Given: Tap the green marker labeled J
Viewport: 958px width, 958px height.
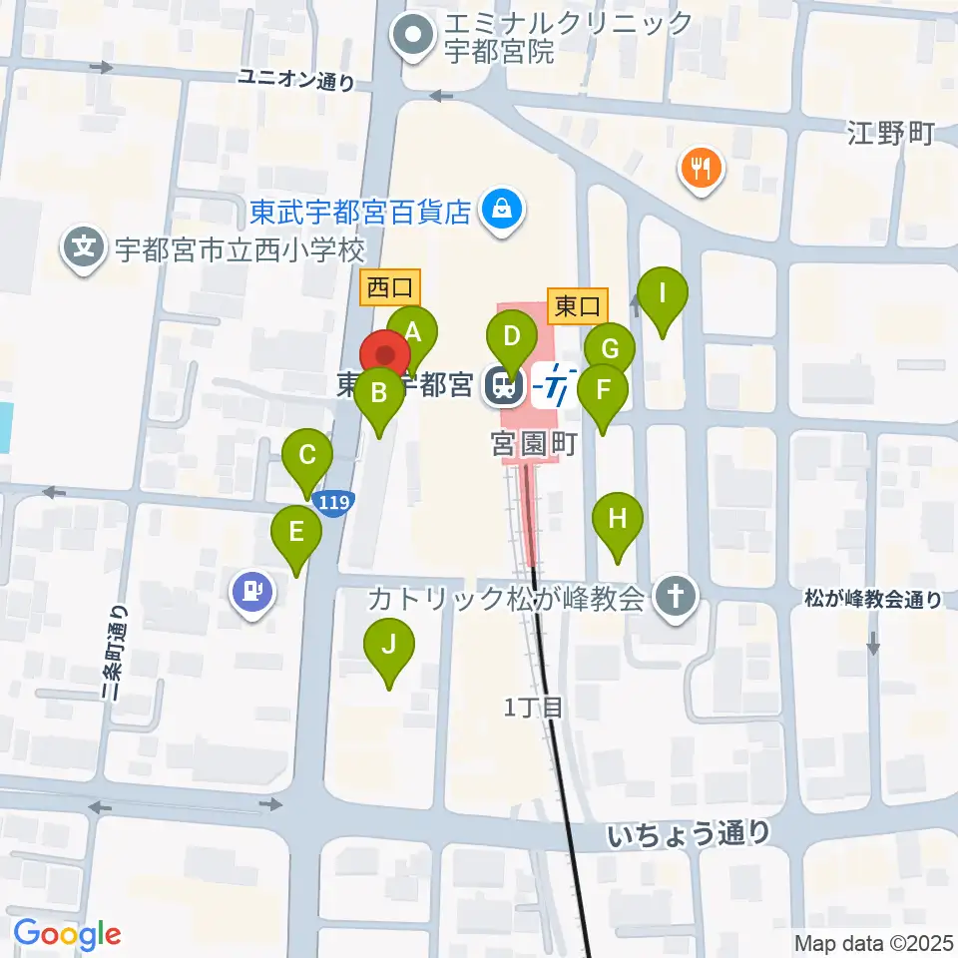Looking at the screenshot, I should tap(389, 646).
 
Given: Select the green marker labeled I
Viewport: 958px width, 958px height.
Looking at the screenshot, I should tap(663, 296).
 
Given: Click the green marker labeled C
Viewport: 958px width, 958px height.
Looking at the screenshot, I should tap(307, 458).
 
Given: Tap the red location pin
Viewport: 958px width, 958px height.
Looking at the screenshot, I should tap(384, 356).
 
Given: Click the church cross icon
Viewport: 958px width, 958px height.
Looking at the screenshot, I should tap(675, 599).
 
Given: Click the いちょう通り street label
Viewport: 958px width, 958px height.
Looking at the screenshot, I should tap(689, 833).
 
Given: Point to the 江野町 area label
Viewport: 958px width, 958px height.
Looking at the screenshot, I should tap(890, 132).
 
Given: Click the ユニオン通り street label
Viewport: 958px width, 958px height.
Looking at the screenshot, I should tap(296, 80).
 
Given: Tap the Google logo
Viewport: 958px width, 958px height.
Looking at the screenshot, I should tap(67, 934).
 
